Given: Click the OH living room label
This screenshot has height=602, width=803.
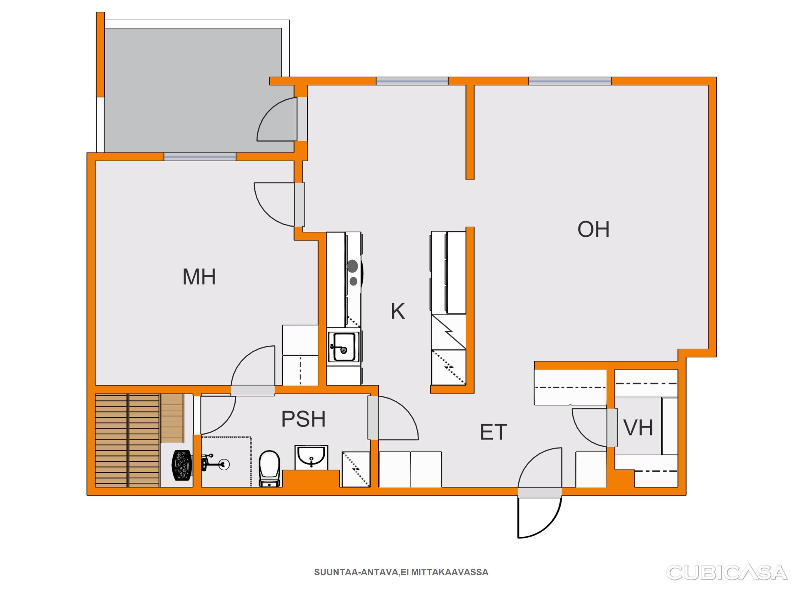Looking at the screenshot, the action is click(593, 229).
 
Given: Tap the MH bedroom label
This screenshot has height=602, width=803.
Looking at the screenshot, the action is click(199, 277).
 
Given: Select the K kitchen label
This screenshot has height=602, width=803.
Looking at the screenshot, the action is click(398, 311).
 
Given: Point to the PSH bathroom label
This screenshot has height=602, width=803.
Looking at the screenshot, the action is click(303, 419).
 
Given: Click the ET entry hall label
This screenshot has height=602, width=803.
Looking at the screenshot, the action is click(493, 432).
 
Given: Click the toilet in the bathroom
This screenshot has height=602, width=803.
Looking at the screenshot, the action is click(270, 468).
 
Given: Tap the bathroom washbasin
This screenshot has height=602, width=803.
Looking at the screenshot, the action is click(311, 457).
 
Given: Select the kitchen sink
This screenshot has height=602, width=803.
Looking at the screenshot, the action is click(344, 347).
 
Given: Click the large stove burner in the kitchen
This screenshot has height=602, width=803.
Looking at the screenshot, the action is click(352, 266).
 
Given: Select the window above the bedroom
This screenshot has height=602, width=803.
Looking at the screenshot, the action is click(200, 157).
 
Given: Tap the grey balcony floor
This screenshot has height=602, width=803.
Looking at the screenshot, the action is click(192, 87).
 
